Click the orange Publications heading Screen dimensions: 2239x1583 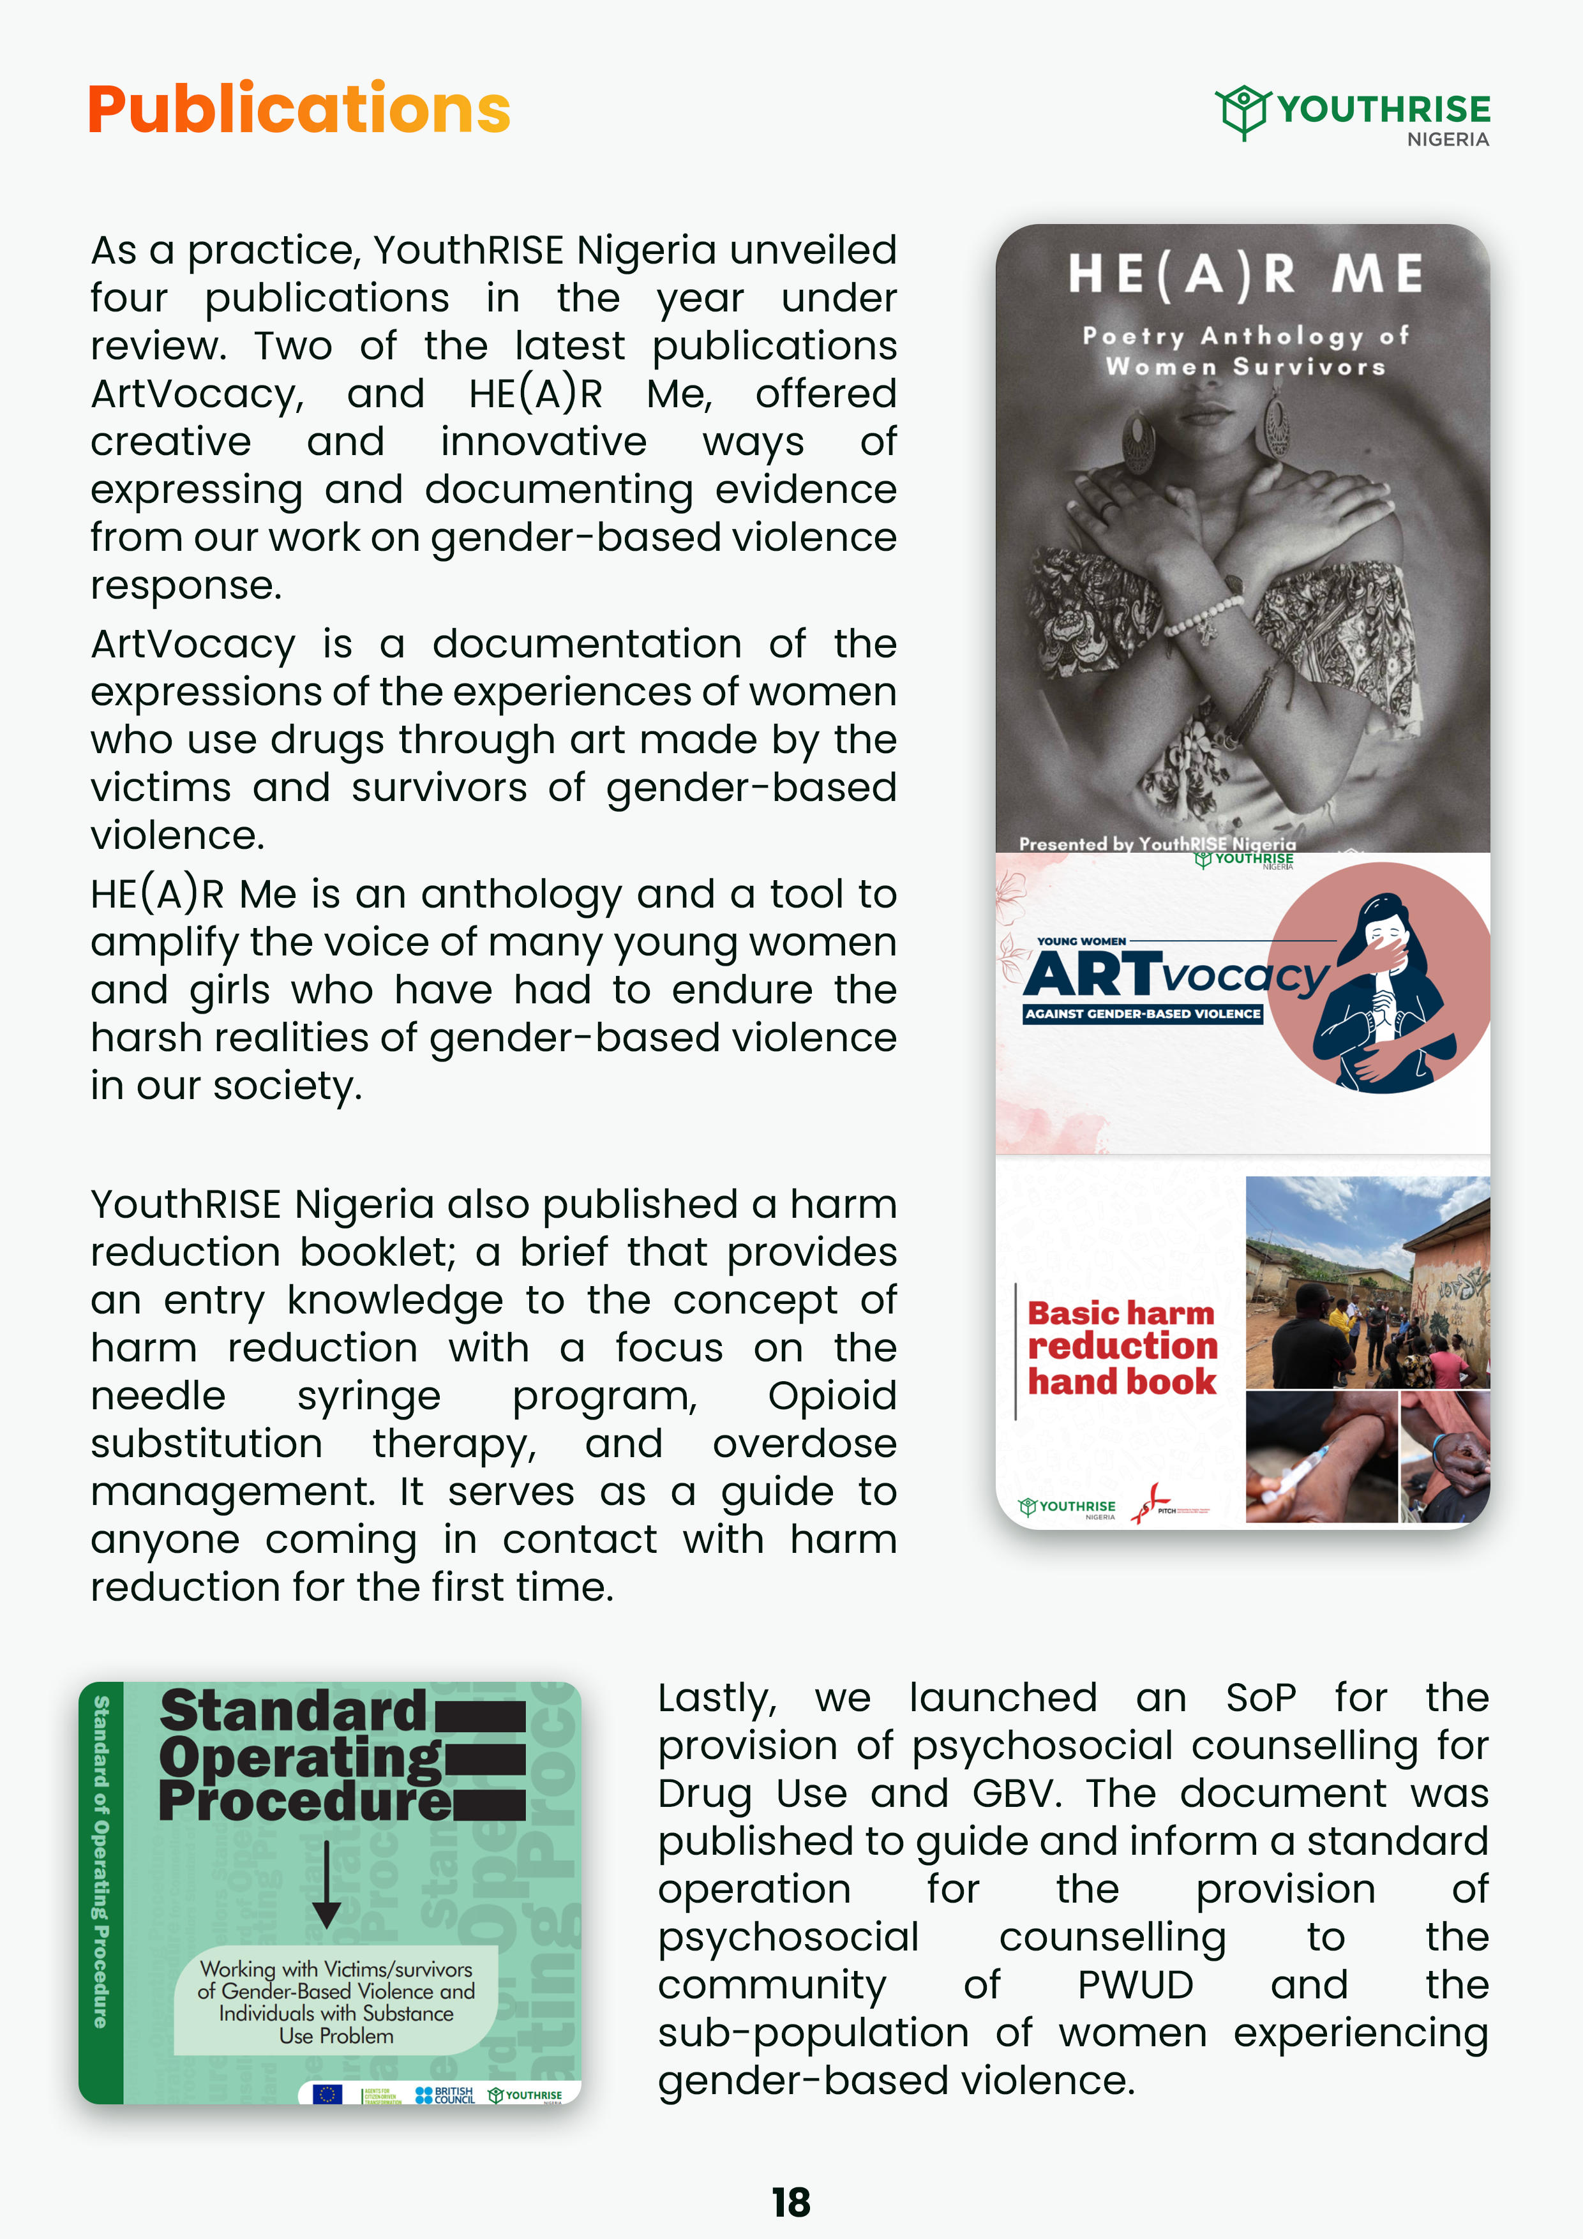pyautogui.click(x=299, y=109)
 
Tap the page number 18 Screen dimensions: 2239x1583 pyautogui.click(x=790, y=2202)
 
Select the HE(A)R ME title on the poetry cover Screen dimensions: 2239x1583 pyautogui.click(x=1245, y=274)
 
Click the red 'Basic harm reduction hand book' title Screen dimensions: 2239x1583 pyautogui.click(x=1122, y=1348)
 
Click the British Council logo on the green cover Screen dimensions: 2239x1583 pyautogui.click(x=445, y=2095)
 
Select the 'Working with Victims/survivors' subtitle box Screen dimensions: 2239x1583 pyautogui.click(x=336, y=2001)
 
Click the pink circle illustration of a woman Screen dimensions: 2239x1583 pyautogui.click(x=1380, y=977)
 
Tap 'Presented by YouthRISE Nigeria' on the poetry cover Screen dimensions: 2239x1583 pyautogui.click(x=1157, y=844)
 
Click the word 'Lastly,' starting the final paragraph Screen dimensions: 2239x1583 pyautogui.click(x=717, y=1698)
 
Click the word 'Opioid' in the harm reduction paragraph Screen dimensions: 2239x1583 pyautogui.click(x=831, y=1395)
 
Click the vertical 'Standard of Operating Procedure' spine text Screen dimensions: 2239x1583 pyautogui.click(x=100, y=1862)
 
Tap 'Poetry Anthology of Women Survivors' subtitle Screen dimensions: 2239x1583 pyautogui.click(x=1245, y=351)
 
